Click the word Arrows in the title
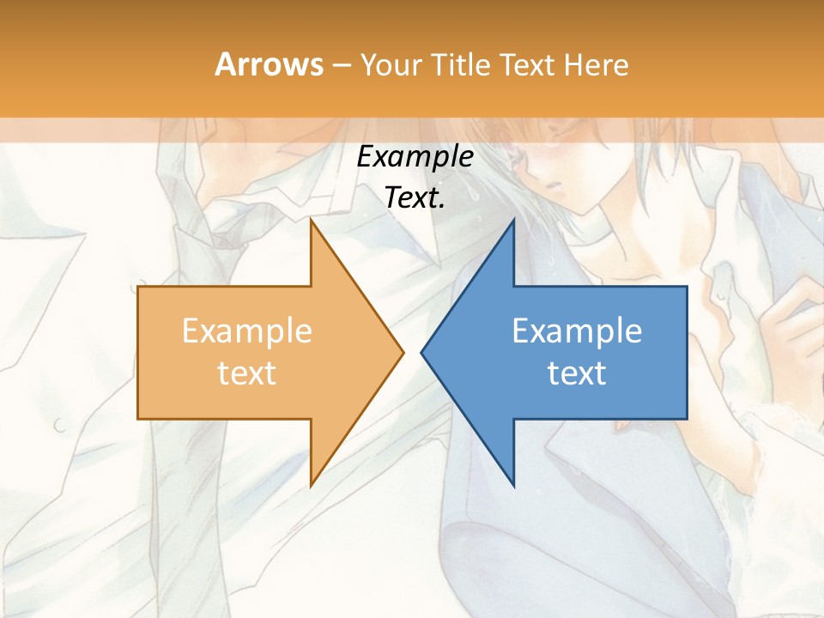click(269, 64)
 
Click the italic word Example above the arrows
click(415, 158)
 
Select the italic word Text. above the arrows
click(415, 197)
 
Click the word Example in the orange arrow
click(247, 331)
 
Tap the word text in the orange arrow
click(247, 373)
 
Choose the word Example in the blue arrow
click(577, 331)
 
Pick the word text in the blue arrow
click(577, 373)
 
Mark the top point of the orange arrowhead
click(312, 221)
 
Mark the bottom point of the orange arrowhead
click(312, 485)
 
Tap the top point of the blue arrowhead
click(512, 221)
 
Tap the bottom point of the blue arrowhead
click(512, 485)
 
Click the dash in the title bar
click(342, 65)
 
